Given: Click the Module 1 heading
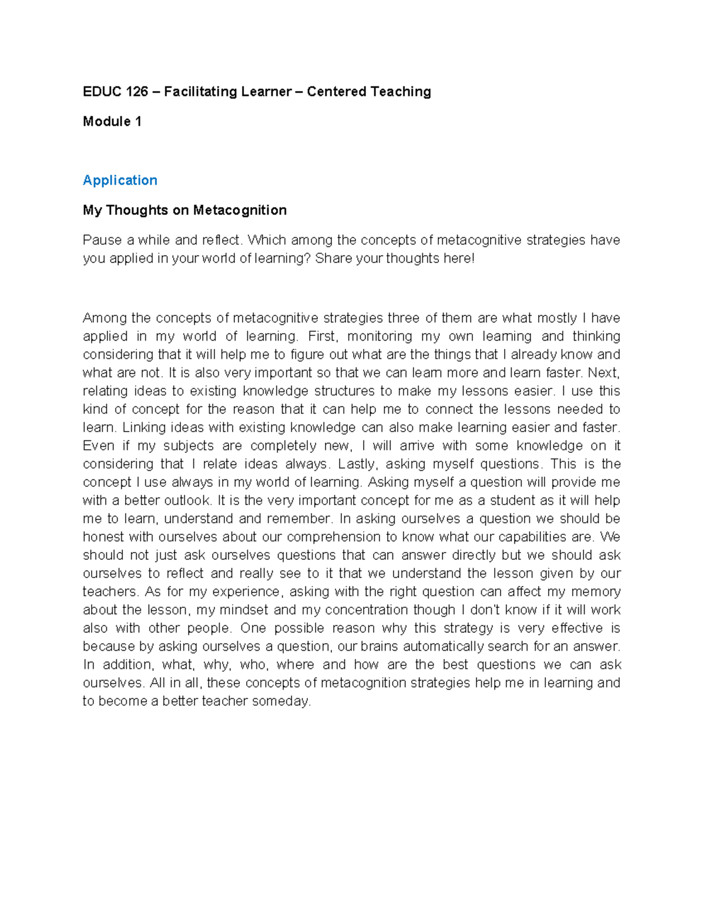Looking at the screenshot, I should [x=112, y=122].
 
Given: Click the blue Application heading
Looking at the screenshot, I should [x=120, y=180].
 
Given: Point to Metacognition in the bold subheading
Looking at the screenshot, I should [x=240, y=210].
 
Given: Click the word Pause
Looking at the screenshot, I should [x=102, y=240].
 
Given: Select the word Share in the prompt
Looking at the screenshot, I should [x=332, y=258].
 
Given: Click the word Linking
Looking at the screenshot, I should [x=143, y=428].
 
